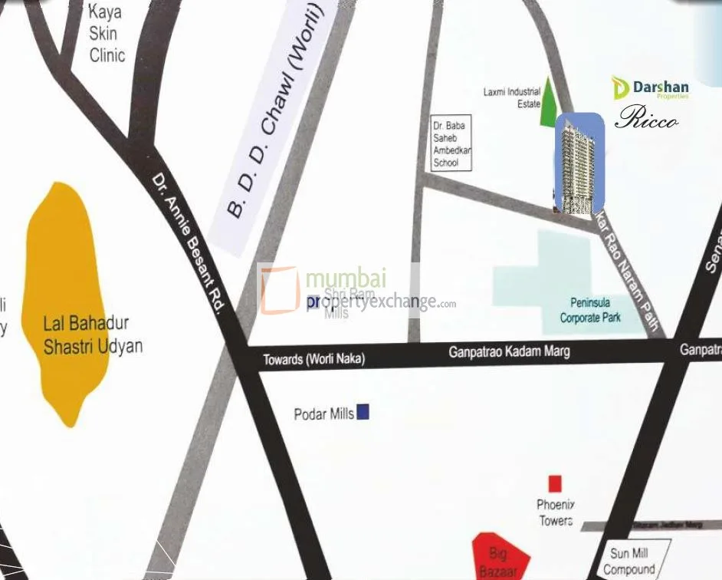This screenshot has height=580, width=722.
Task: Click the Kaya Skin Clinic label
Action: coord(107,34)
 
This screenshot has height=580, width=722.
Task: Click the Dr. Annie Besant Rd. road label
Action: coord(189,242)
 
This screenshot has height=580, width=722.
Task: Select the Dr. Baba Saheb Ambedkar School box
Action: coord(451,143)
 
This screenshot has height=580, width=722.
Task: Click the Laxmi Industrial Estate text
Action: coord(512,97)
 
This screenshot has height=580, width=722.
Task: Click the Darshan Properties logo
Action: coord(651,89)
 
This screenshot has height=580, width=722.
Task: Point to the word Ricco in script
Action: coord(646,119)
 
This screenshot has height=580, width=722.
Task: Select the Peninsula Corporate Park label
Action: coord(590,310)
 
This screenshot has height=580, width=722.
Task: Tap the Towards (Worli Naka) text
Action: coord(313,359)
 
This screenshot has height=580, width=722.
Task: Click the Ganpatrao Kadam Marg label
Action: coord(509,352)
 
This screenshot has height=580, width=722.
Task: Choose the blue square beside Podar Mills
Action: coord(363,412)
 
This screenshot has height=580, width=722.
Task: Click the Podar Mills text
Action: coord(323,414)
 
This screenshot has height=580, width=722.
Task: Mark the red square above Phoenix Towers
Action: coord(555,483)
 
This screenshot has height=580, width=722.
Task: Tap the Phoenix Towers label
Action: coord(556,512)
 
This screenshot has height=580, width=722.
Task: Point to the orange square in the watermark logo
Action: coord(280,289)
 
